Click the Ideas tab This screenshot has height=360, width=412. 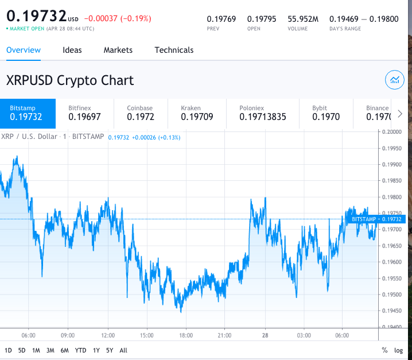72,50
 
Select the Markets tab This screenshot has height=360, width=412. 118,50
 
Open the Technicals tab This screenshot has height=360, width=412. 174,50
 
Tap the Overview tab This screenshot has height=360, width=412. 24,50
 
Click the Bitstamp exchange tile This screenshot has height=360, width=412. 28,113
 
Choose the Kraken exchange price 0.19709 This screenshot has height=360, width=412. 197,117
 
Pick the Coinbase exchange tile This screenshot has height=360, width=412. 140,113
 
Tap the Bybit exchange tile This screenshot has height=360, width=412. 325,113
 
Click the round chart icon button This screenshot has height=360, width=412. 394,80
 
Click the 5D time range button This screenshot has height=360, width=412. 22,350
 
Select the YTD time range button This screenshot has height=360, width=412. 81,350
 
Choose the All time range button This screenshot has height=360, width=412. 123,350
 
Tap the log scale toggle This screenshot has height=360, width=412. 399,350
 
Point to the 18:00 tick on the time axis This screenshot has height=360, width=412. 185,335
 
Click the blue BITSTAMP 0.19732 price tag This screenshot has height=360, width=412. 376,219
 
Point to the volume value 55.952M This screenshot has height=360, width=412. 304,19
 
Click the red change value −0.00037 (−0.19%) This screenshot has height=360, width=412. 118,19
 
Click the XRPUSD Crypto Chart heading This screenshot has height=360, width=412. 70,80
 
